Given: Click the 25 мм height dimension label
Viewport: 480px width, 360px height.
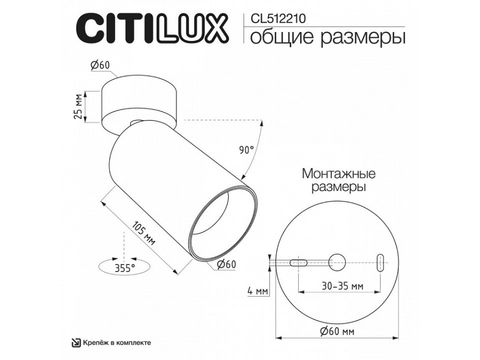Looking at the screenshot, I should tap(78, 107).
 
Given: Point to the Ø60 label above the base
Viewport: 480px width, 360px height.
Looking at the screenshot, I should tap(100, 65).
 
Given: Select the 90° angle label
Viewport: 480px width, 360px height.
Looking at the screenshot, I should tap(246, 150).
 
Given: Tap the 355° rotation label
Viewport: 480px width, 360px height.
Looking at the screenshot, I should tap(124, 268).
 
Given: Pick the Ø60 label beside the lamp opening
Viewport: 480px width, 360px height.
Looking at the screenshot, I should tap(226, 263).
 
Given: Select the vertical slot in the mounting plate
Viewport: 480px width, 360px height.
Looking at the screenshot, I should tap(380, 263).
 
